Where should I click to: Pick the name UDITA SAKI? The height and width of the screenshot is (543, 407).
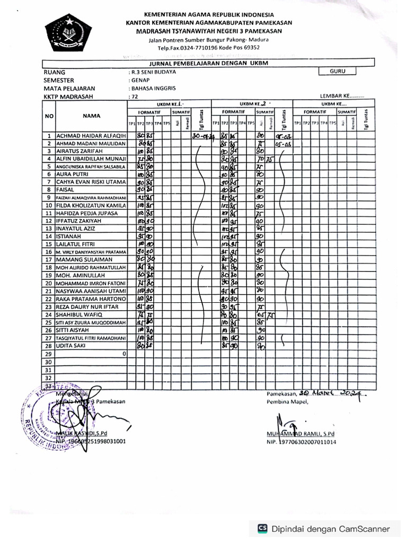point(73,345)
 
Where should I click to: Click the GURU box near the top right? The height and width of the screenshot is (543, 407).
point(338,70)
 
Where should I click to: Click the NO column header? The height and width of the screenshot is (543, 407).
point(49,115)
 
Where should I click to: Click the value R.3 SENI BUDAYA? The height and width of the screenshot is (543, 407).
point(153,71)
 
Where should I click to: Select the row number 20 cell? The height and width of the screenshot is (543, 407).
point(49,283)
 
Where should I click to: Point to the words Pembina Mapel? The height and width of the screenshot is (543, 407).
point(286,402)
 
